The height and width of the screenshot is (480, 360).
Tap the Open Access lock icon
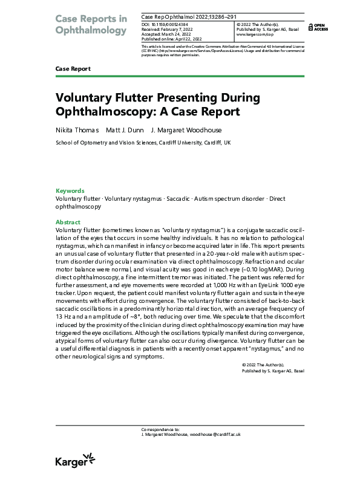tap(310, 26)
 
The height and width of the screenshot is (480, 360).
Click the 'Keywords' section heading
tap(70, 190)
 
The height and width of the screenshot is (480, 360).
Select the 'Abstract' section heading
tap(68, 222)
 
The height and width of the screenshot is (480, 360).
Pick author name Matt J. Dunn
tap(123, 130)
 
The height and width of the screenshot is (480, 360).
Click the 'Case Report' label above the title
tap(73, 69)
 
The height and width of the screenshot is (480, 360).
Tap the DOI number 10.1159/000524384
tap(172, 24)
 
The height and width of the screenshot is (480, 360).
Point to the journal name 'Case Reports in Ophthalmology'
tap(91, 24)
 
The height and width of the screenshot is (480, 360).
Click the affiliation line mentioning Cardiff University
tap(143, 143)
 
